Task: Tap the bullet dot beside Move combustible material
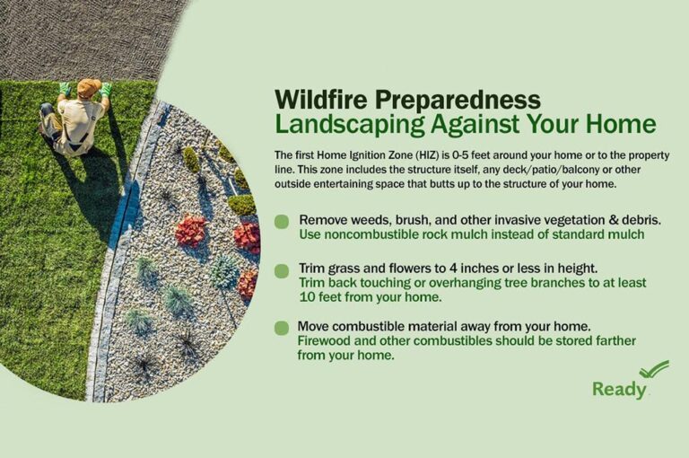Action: (x=282, y=327)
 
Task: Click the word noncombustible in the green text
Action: (x=363, y=235)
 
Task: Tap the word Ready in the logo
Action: (x=619, y=390)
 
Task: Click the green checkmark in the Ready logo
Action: (x=654, y=369)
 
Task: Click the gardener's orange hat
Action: (x=89, y=87)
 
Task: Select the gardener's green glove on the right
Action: (x=106, y=89)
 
